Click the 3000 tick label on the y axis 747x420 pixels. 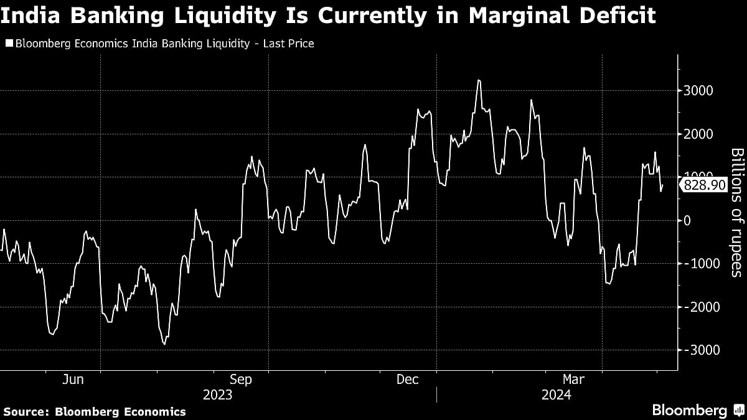(698, 91)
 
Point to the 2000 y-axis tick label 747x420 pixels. (698, 134)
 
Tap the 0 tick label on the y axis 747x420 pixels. (687, 220)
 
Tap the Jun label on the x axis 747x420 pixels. (73, 380)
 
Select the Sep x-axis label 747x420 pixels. (240, 380)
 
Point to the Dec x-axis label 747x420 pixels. (408, 380)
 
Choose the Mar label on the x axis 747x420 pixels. (573, 380)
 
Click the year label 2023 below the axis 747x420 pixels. (217, 395)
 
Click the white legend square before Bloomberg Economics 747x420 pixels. (8, 44)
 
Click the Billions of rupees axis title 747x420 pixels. (736, 212)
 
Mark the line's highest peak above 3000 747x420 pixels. (478, 80)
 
